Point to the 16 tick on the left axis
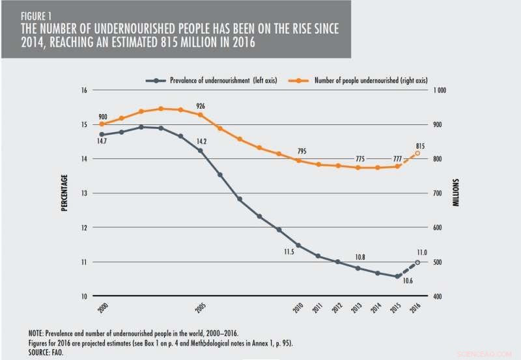(83, 90)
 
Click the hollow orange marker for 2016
(417, 154)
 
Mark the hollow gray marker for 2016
(417, 262)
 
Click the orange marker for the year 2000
(102, 124)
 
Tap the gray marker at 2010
(299, 245)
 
